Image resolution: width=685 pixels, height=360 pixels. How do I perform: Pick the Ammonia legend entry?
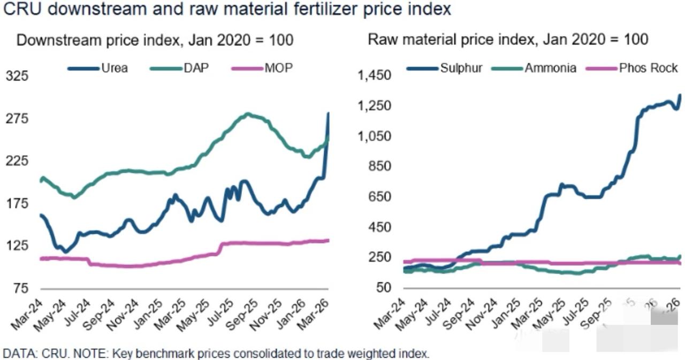550,68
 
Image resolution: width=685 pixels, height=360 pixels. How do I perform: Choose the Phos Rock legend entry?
648,68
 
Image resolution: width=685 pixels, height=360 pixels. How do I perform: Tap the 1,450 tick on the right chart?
374,75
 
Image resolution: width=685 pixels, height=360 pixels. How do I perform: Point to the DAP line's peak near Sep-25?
248,114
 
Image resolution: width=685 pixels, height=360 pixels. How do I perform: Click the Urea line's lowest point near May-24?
65,251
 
